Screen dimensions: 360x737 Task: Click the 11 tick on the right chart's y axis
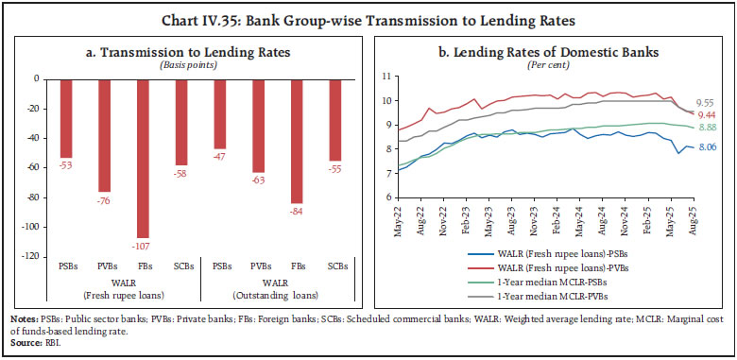[x=387, y=74]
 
